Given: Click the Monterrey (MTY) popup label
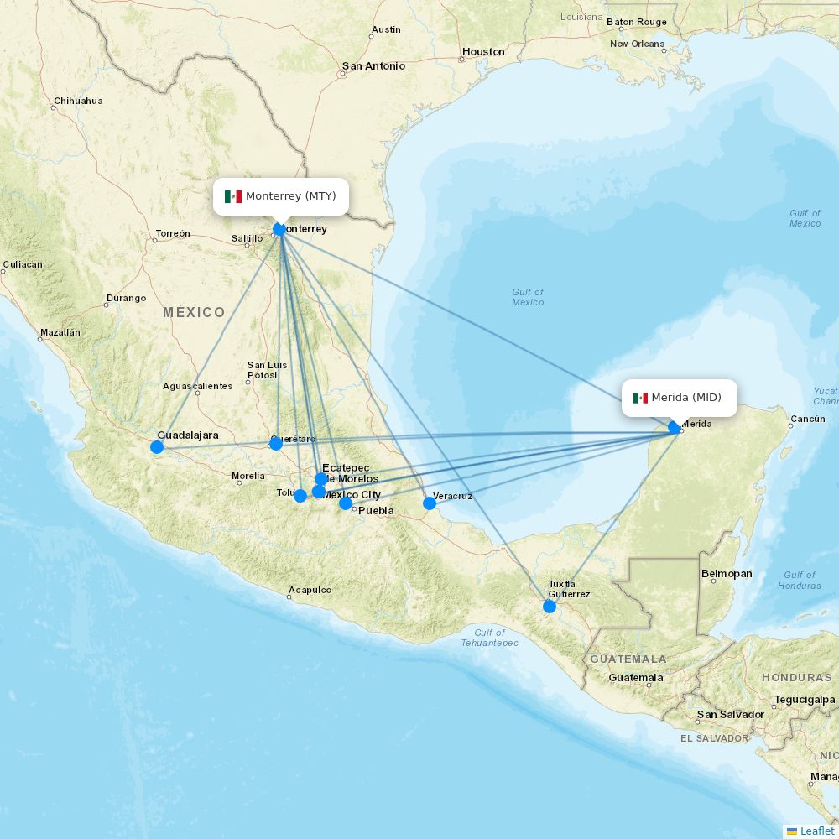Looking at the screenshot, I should [x=281, y=196].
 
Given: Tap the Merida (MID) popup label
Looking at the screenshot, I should [x=679, y=398].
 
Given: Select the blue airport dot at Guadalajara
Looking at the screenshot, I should [x=157, y=446].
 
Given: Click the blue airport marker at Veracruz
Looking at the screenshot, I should [x=430, y=503].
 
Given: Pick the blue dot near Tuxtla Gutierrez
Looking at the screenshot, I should [x=550, y=607].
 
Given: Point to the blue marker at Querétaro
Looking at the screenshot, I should [x=276, y=443].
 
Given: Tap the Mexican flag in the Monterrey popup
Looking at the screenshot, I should [x=233, y=196].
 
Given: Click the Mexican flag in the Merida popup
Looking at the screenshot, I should [x=640, y=398].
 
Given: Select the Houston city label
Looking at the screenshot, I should [x=484, y=52].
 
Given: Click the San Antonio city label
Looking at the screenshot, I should [x=373, y=66].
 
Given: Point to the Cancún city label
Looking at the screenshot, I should [x=808, y=419].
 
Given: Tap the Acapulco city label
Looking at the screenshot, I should [x=310, y=590].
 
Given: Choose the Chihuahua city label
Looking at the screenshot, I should [x=78, y=102].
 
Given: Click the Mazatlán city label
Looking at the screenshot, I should [x=60, y=332].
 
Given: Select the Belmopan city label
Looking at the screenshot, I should [x=727, y=574].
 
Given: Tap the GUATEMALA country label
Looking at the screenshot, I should [x=628, y=659].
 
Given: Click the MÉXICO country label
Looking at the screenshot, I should [x=194, y=312].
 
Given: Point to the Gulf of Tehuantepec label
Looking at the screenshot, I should [x=489, y=638].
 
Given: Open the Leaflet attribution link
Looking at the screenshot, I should [x=816, y=831].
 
